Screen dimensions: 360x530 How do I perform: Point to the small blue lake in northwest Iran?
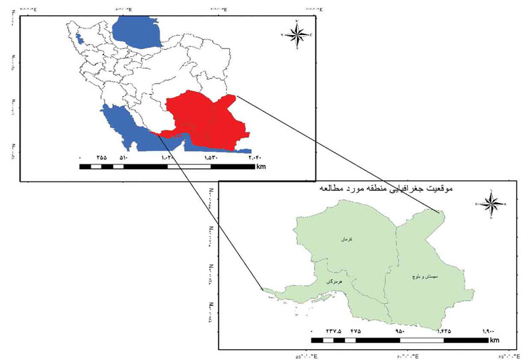pyautogui.click(x=81, y=38)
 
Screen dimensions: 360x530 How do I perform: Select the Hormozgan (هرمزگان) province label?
pyautogui.click(x=333, y=282)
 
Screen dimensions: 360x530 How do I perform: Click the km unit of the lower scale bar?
pyautogui.click(x=495, y=341)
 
